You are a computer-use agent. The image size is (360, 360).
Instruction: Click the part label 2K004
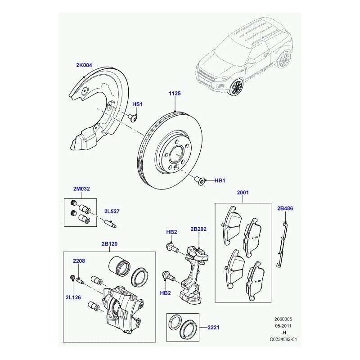(84, 65)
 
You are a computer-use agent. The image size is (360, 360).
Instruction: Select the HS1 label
(137, 104)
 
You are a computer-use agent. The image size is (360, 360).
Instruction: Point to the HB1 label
(219, 181)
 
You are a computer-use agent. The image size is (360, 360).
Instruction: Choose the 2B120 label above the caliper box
(109, 244)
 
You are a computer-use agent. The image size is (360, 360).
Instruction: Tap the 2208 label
(79, 261)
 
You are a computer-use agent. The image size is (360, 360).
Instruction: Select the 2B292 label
(198, 229)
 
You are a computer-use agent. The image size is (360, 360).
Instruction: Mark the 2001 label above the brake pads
(243, 193)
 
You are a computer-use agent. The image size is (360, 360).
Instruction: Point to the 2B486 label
(285, 208)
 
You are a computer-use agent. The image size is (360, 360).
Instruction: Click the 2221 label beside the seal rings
(214, 328)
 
